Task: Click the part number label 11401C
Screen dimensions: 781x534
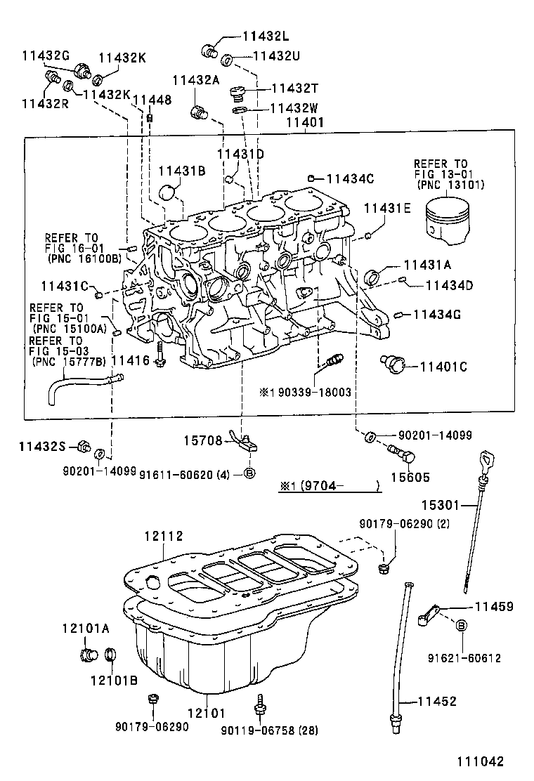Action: [x=443, y=366]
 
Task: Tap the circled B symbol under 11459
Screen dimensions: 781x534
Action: [x=462, y=625]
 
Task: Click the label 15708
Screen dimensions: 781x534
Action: [x=203, y=441]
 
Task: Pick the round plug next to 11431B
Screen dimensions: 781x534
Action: [x=169, y=191]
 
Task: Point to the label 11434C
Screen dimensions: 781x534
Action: [x=349, y=178]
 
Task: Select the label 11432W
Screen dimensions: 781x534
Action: [x=295, y=108]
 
